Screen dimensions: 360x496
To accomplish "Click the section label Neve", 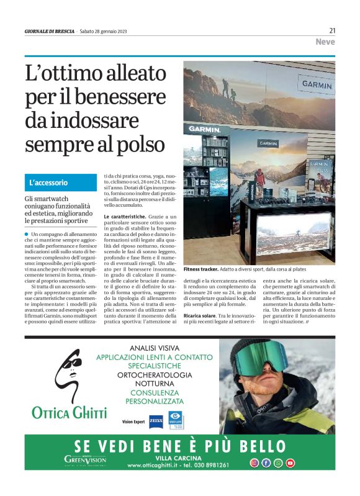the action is coord(325,42).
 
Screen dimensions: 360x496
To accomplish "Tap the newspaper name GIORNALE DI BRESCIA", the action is coord(49,31).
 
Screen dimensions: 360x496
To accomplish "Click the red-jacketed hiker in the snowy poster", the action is coord(260,178).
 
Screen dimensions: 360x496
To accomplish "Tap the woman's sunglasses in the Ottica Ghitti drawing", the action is coord(73,362).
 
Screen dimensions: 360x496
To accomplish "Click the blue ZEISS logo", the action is coord(156,420).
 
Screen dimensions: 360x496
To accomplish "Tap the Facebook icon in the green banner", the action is coord(266,462).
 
